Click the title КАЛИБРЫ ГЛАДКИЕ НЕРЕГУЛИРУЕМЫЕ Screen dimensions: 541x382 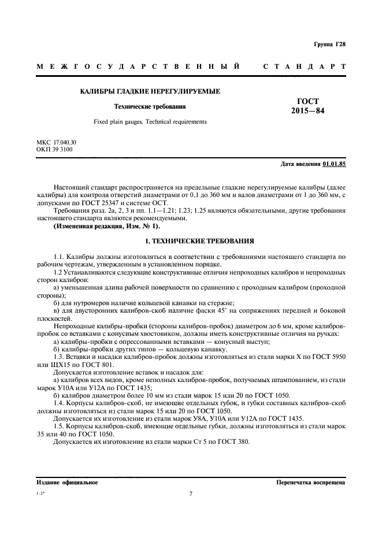[149, 92]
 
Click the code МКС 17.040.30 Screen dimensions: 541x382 [56, 142]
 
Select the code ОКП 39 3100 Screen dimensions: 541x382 [54, 149]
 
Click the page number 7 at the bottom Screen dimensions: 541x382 [191, 494]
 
